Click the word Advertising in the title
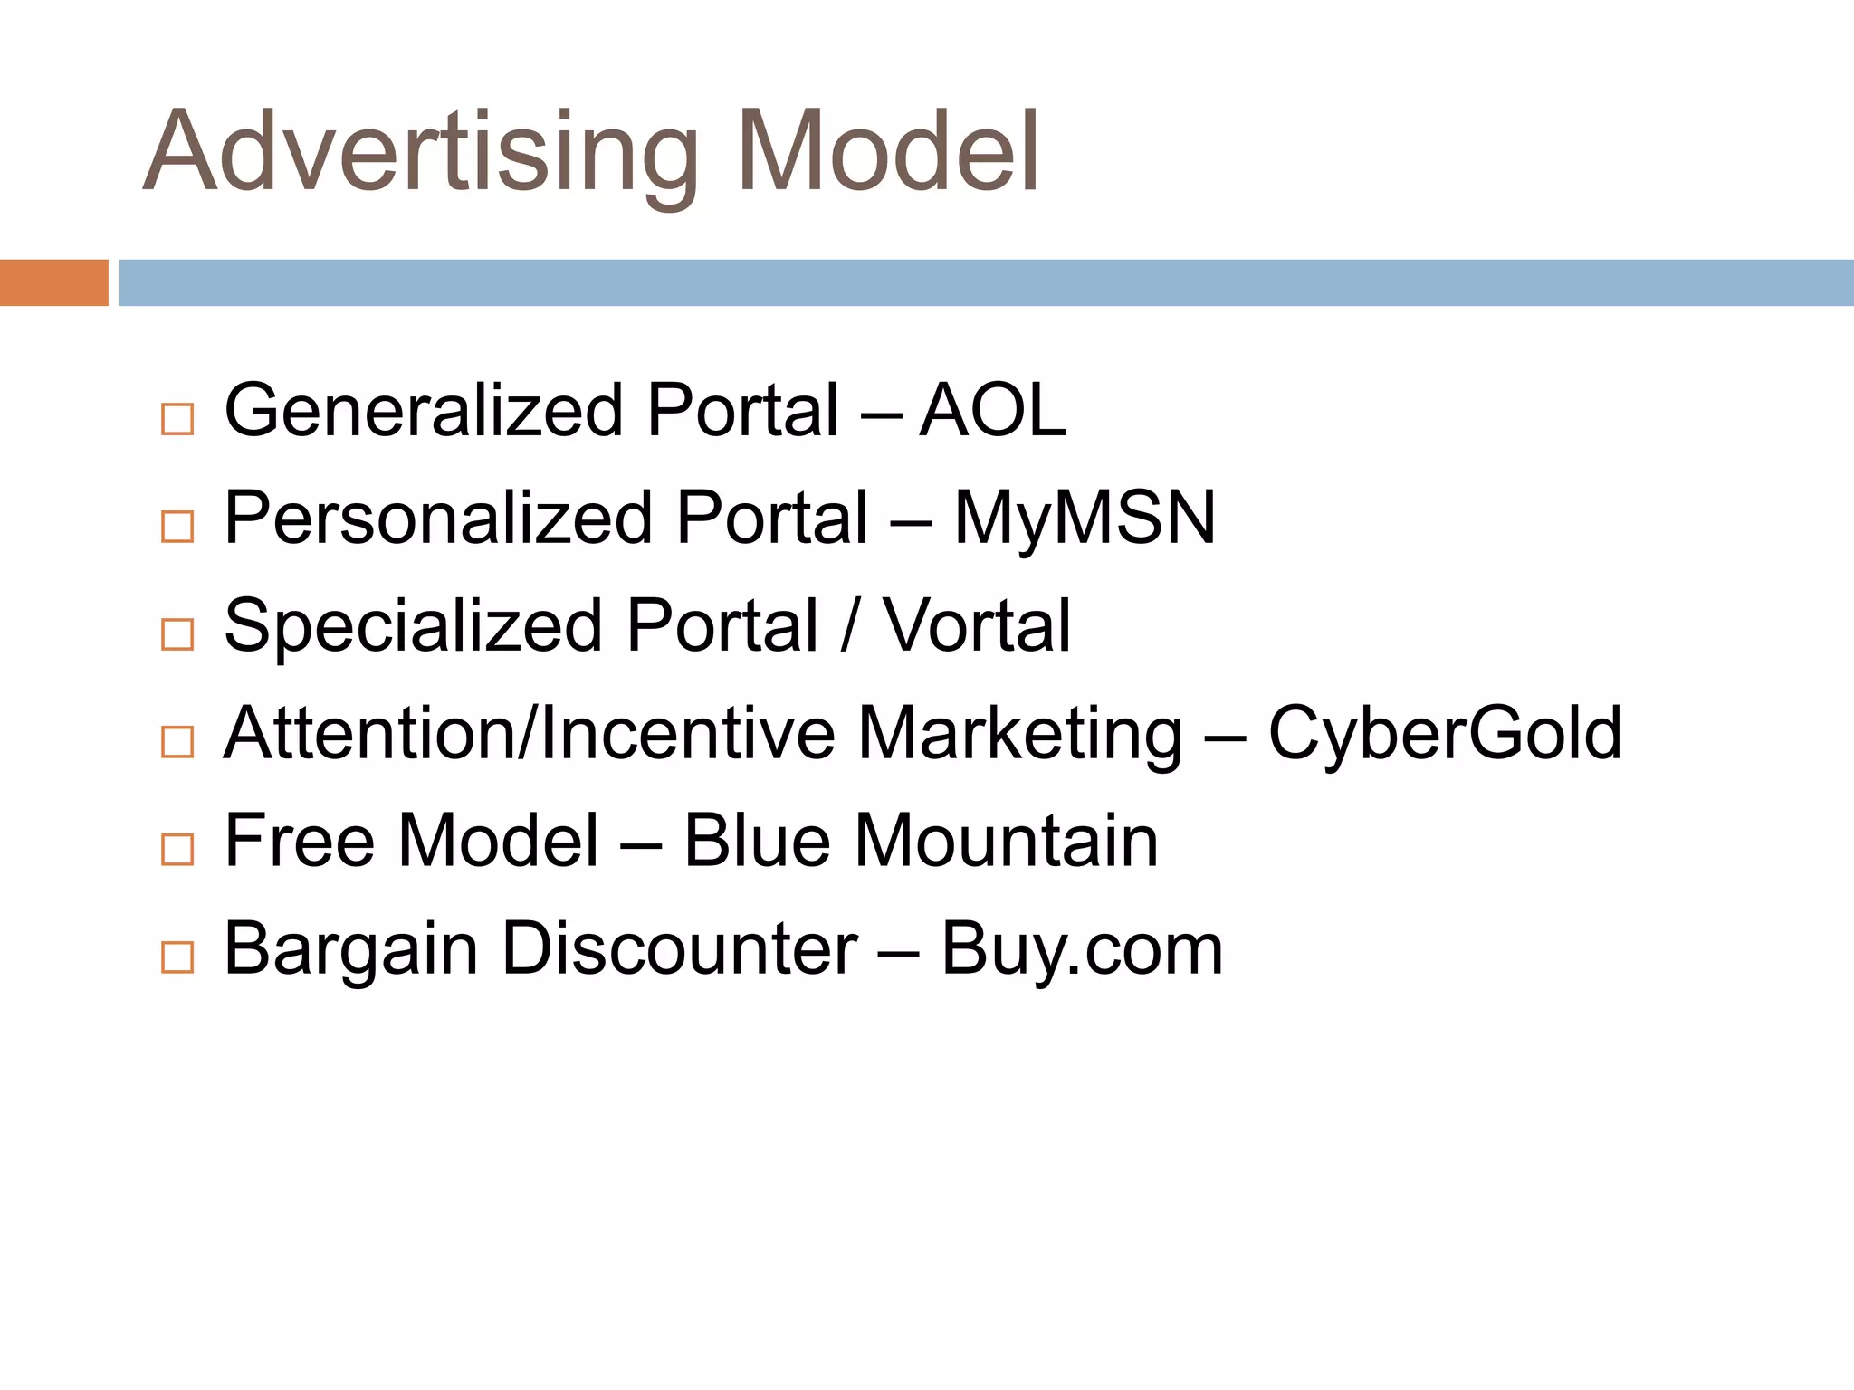(421, 154)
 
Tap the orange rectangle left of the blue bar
(53, 282)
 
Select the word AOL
(993, 412)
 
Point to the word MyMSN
(1085, 519)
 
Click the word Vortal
(977, 626)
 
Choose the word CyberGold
(1445, 733)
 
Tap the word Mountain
(1006, 841)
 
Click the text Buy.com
(1082, 950)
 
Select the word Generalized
(423, 412)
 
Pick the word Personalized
(438, 519)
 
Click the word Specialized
(413, 626)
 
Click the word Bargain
(350, 950)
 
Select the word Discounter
(680, 948)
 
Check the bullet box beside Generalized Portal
(177, 419)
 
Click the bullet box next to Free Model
(177, 849)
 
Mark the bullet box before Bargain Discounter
(177, 957)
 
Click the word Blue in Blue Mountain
(757, 841)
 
